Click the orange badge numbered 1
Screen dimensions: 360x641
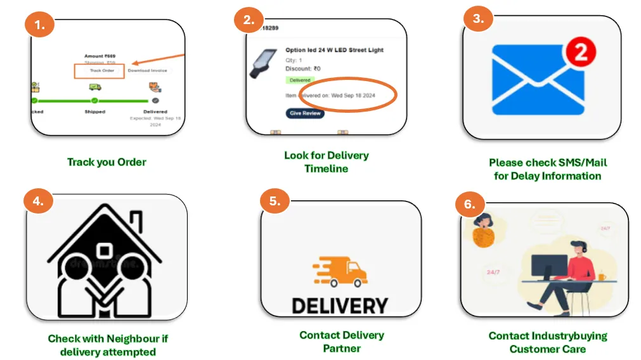[x=40, y=25]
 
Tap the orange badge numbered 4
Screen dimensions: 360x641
[x=39, y=201]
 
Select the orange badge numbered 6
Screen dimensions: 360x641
[x=470, y=204]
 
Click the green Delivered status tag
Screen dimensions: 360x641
[x=300, y=80]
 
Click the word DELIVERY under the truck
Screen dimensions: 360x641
[x=339, y=305]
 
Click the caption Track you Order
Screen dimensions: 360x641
[x=107, y=162]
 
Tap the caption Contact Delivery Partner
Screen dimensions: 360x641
[x=342, y=342]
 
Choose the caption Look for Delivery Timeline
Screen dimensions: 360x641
[x=326, y=162]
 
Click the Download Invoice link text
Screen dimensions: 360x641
[x=147, y=70]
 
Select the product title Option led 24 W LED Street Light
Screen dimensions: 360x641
[x=334, y=50]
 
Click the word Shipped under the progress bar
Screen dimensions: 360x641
[x=95, y=112]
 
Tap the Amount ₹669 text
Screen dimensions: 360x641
[x=100, y=56]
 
